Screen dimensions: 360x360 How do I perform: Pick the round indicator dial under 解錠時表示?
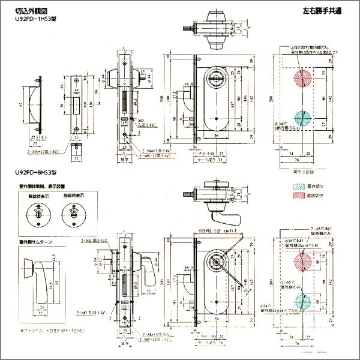[38, 215]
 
